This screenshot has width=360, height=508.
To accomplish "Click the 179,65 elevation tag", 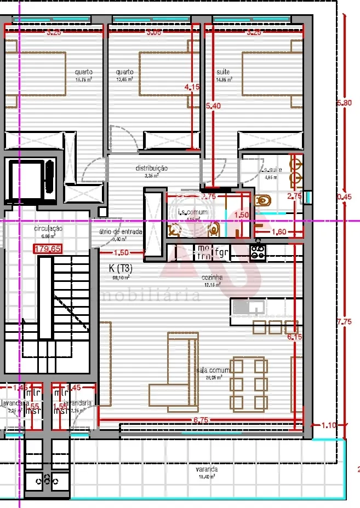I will (48, 249).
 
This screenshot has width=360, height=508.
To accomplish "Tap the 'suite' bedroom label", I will (223, 72).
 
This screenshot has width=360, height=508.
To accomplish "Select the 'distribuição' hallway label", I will (151, 169).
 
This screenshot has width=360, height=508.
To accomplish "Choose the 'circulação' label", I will (48, 228).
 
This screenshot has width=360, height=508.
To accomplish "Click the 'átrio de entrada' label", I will (121, 232).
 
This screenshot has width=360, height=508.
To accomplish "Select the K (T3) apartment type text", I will (121, 269).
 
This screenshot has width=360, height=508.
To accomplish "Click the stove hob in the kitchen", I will (258, 252).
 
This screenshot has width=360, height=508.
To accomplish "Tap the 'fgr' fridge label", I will (221, 252).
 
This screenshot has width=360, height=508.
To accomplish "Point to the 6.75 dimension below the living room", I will (202, 420).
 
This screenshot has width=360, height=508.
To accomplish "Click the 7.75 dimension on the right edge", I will (345, 322).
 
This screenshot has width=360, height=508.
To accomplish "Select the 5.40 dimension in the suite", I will (213, 106).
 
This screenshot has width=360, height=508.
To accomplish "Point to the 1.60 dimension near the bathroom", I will (279, 232).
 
